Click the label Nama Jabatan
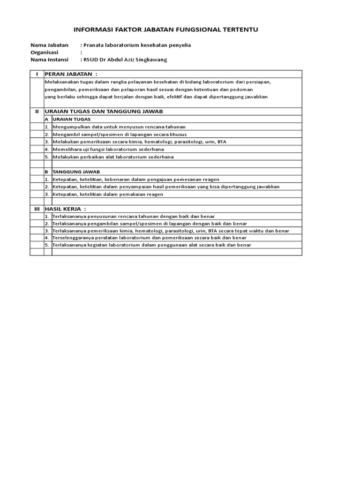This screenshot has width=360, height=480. click(x=49, y=45)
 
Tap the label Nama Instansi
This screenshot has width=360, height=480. click(x=49, y=60)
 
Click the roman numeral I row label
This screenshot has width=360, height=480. click(x=37, y=74)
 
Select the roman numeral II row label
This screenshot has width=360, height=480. click(x=37, y=112)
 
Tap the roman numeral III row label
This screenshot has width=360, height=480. click(x=37, y=209)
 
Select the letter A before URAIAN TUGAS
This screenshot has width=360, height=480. click(x=46, y=119)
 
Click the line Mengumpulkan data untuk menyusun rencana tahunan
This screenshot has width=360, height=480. click(x=119, y=127)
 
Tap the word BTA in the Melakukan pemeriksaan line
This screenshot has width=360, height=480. click(x=222, y=142)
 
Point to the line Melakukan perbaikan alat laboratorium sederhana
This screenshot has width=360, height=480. click(x=113, y=157)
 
